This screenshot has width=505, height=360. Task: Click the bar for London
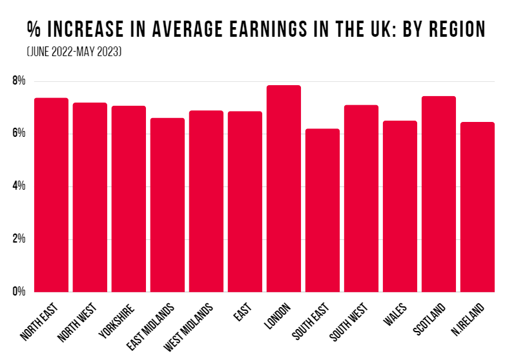coord(283,188)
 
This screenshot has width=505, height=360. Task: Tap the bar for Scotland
coord(438,194)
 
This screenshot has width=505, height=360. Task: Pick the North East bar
coord(51,195)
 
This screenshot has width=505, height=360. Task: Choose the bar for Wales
coord(400,206)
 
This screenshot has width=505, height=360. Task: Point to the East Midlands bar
coord(167,205)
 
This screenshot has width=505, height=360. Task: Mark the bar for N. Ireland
coord(477,206)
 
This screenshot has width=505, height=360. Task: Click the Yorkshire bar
coord(129,199)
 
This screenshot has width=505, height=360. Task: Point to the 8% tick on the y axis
coord(18,81)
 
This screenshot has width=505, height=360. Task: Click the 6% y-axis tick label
coord(18,134)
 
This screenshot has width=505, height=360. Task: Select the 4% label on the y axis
coord(18,186)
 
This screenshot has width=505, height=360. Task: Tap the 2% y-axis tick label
coord(18,239)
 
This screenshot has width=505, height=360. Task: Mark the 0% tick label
coord(18,292)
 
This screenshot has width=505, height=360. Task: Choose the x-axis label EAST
coord(241,311)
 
